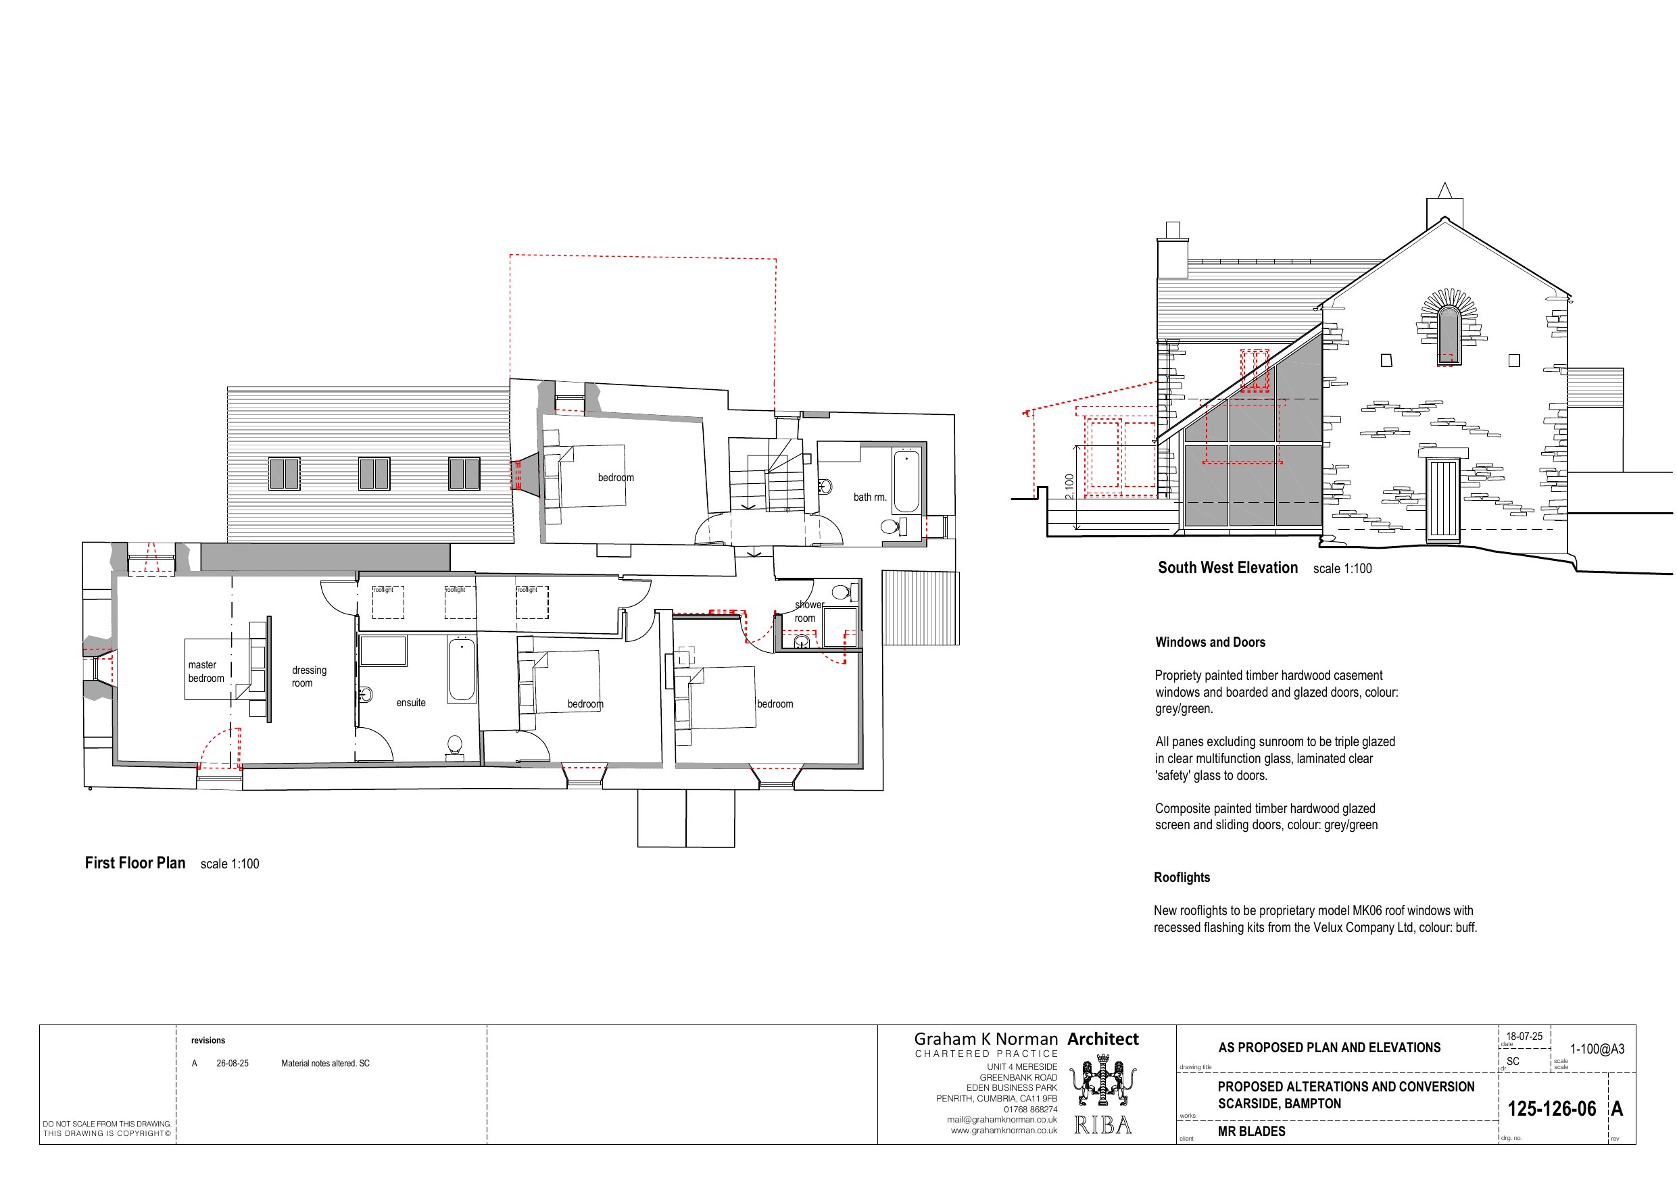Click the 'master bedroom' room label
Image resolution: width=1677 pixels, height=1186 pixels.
pyautogui.click(x=205, y=671)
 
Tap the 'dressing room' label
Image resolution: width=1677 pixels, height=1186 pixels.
pyautogui.click(x=309, y=676)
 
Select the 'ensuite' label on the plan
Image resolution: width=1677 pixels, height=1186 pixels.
pyautogui.click(x=410, y=703)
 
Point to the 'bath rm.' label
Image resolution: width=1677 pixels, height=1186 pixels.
pyautogui.click(x=870, y=497)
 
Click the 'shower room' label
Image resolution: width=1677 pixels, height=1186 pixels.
pyautogui.click(x=807, y=612)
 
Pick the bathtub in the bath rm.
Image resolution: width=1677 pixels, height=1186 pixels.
pyautogui.click(x=906, y=481)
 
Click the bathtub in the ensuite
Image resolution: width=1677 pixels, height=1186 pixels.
pyautogui.click(x=462, y=670)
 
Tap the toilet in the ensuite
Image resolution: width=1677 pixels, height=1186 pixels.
pyautogui.click(x=454, y=745)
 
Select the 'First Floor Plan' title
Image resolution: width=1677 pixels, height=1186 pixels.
pyautogui.click(x=135, y=862)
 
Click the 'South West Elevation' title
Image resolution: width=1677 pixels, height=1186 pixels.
pyautogui.click(x=1227, y=568)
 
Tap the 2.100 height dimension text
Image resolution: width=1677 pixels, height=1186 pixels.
pyautogui.click(x=1069, y=487)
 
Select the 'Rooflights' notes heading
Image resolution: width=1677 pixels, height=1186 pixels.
pyautogui.click(x=1181, y=877)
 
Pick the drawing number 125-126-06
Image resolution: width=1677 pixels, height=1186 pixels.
pyautogui.click(x=1551, y=1108)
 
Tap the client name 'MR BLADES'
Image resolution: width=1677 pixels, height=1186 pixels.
pyautogui.click(x=1250, y=1131)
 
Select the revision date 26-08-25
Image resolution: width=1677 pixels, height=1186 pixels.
pyautogui.click(x=233, y=1063)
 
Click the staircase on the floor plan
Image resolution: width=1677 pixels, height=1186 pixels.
pyautogui.click(x=767, y=474)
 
